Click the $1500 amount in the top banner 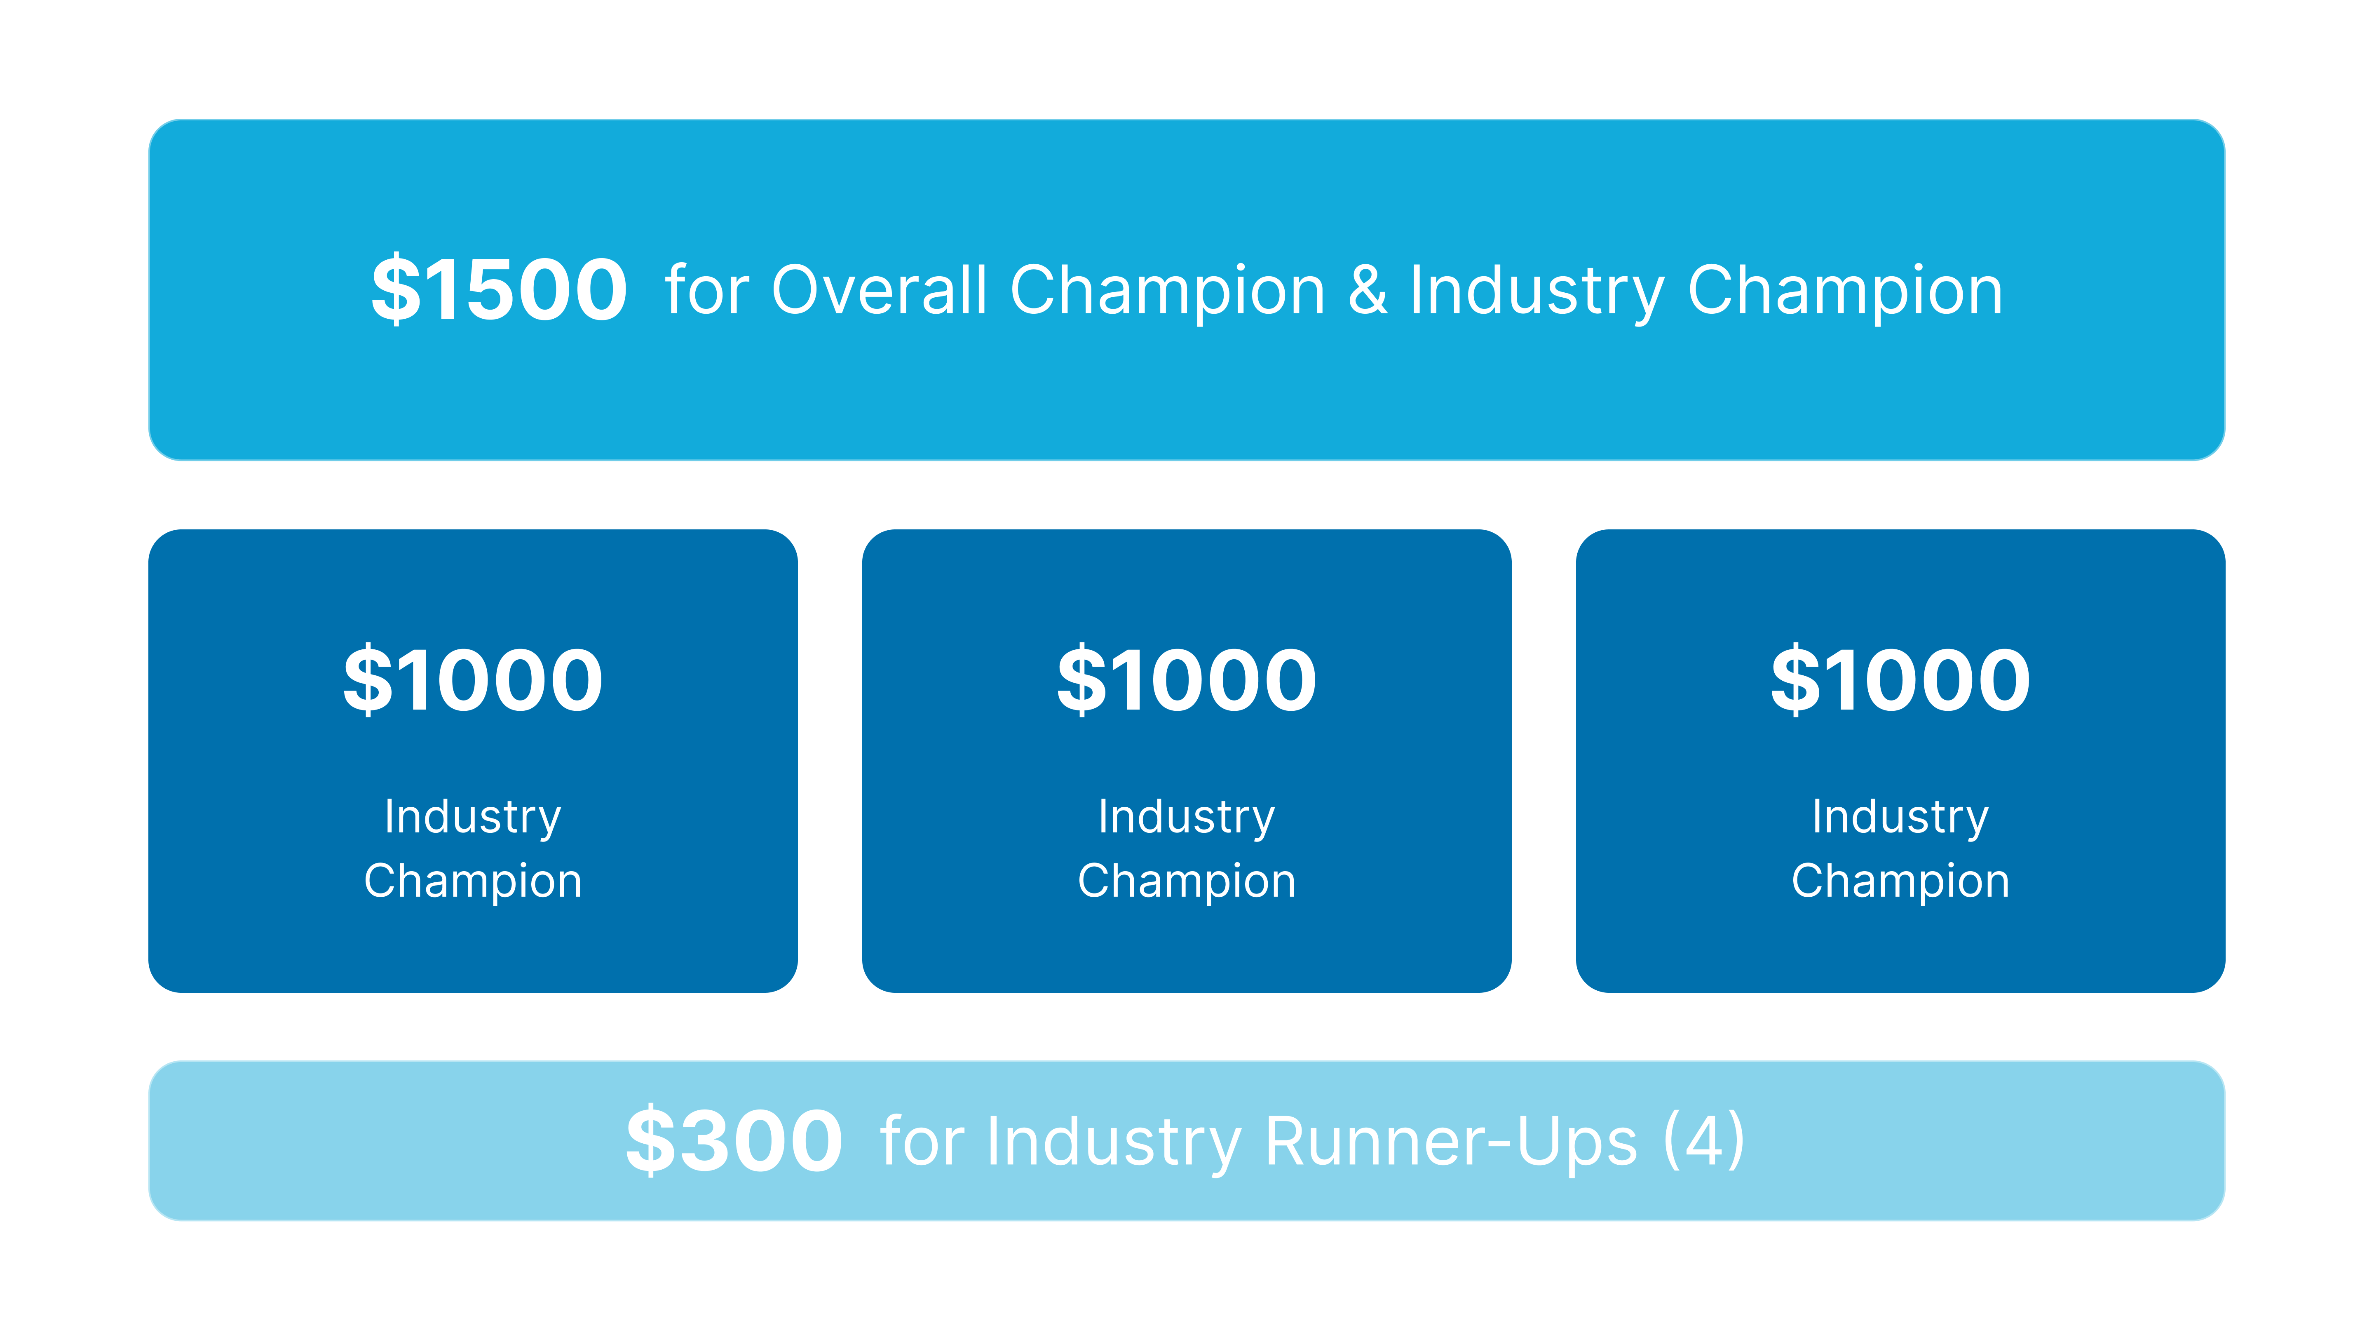pyautogui.click(x=499, y=289)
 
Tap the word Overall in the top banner pyautogui.click(x=879, y=290)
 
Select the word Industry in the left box pyautogui.click(x=473, y=818)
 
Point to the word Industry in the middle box pyautogui.click(x=1187, y=818)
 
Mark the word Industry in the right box pyautogui.click(x=1900, y=818)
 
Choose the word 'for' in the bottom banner pyautogui.click(x=922, y=1141)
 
